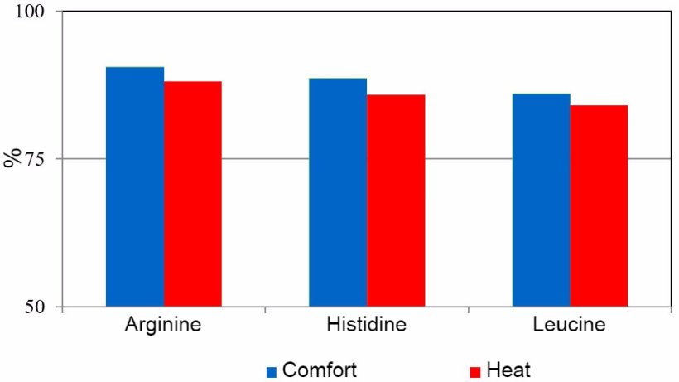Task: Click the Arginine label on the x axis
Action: tap(162, 324)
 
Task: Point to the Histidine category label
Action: tap(367, 324)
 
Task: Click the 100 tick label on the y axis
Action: tap(36, 12)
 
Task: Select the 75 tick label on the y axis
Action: tap(42, 159)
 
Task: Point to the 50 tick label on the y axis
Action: tap(42, 307)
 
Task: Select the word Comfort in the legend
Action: tap(320, 370)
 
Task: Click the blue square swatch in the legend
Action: tap(271, 371)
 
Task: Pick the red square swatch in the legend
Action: tap(475, 371)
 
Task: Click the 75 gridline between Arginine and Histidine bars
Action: tap(265, 158)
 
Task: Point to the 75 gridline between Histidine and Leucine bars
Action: tap(468, 158)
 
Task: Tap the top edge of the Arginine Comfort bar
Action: tap(135, 68)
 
